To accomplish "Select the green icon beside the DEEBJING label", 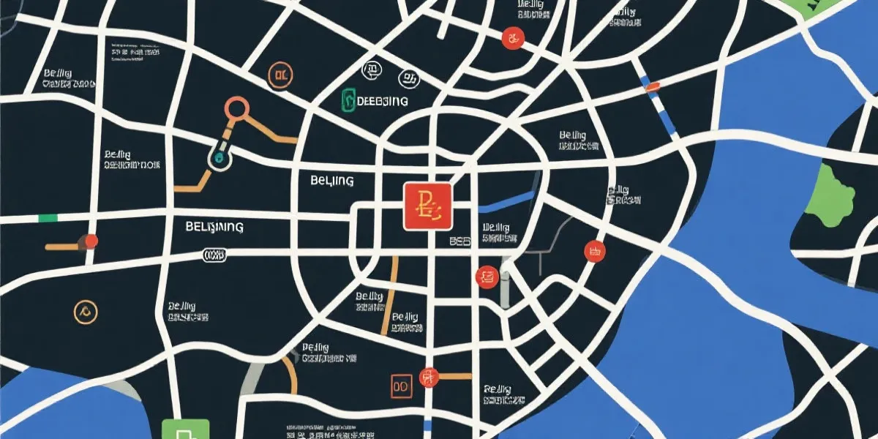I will coord(348,100).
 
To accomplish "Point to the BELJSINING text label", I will coord(214,228).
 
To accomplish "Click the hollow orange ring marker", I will coord(236,110).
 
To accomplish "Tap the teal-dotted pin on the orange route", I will coord(217,157).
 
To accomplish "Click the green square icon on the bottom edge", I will coord(185,430).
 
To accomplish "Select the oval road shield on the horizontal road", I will coord(214,255).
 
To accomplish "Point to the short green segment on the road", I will coord(48,217).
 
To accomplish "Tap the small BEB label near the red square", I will coord(460,241).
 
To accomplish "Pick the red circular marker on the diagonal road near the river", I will coord(594,251).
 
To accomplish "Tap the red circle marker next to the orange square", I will coord(428,378).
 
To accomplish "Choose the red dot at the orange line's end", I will coord(91,241).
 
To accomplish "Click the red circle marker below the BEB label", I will coord(485,276).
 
